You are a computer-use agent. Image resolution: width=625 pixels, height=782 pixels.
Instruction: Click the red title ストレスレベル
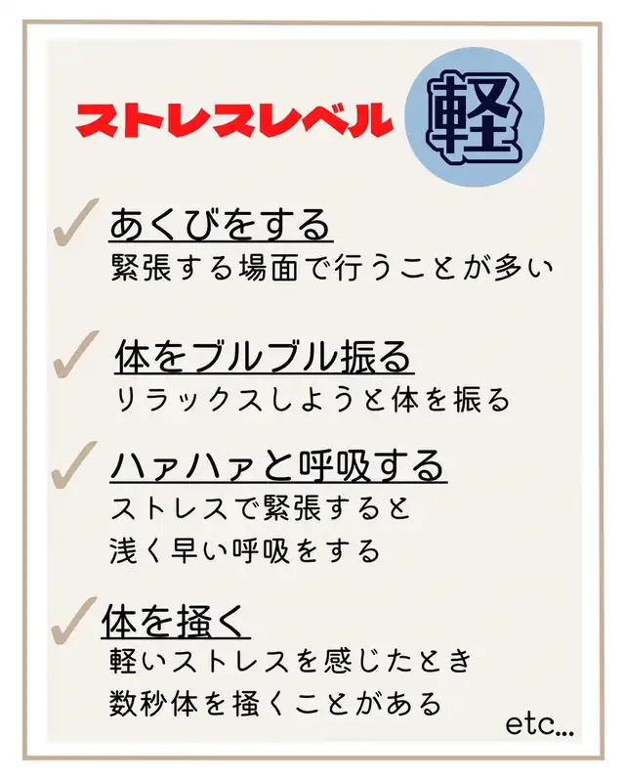[233, 120]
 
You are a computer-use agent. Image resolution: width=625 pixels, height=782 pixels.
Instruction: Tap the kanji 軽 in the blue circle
[474, 117]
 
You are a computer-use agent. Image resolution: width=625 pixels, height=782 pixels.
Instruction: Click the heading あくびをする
[220, 225]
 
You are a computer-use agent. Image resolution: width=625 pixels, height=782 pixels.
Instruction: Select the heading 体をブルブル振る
[263, 357]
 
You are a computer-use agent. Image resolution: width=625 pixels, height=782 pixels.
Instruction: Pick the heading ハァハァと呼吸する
[277, 465]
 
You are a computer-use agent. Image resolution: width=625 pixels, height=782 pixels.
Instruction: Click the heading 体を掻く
[175, 621]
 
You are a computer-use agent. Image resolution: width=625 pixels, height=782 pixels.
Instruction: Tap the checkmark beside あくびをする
[76, 223]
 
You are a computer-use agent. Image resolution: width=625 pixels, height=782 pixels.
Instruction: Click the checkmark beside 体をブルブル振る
[76, 354]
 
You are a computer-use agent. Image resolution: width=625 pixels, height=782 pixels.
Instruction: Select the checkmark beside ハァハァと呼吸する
[75, 465]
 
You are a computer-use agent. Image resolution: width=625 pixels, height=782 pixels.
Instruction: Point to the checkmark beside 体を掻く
[74, 620]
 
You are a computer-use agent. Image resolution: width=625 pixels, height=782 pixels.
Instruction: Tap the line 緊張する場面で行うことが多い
[332, 268]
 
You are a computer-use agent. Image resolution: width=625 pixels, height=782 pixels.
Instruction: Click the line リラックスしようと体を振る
[313, 400]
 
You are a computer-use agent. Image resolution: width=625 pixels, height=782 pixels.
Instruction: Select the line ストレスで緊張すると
[261, 507]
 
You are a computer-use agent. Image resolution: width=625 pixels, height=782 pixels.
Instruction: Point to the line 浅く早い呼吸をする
[245, 551]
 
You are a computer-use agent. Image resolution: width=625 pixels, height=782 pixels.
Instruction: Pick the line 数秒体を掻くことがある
[275, 703]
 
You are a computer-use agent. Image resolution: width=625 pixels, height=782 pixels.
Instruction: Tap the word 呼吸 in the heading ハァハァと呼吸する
[335, 465]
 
